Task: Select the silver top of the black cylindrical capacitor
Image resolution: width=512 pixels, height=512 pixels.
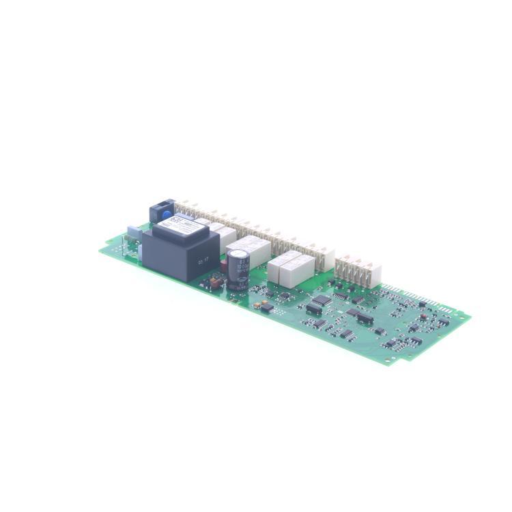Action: pyautogui.click(x=238, y=255)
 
